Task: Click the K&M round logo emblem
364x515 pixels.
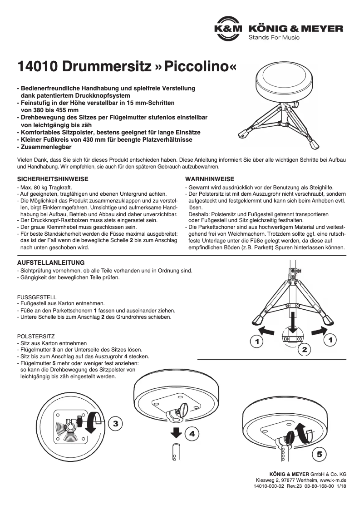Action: (x=228, y=28)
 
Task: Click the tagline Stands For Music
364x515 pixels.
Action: (x=274, y=37)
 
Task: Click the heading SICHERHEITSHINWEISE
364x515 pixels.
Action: (x=52, y=179)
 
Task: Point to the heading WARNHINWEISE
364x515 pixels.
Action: (x=210, y=179)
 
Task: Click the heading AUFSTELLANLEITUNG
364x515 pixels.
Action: (x=50, y=262)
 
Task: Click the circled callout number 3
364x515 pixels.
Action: (x=116, y=424)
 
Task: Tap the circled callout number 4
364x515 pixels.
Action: (x=192, y=434)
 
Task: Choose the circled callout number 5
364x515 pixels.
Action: (x=319, y=454)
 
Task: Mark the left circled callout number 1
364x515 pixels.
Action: (x=257, y=340)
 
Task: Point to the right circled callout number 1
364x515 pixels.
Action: (x=330, y=339)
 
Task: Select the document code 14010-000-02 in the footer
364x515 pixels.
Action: (x=269, y=486)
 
